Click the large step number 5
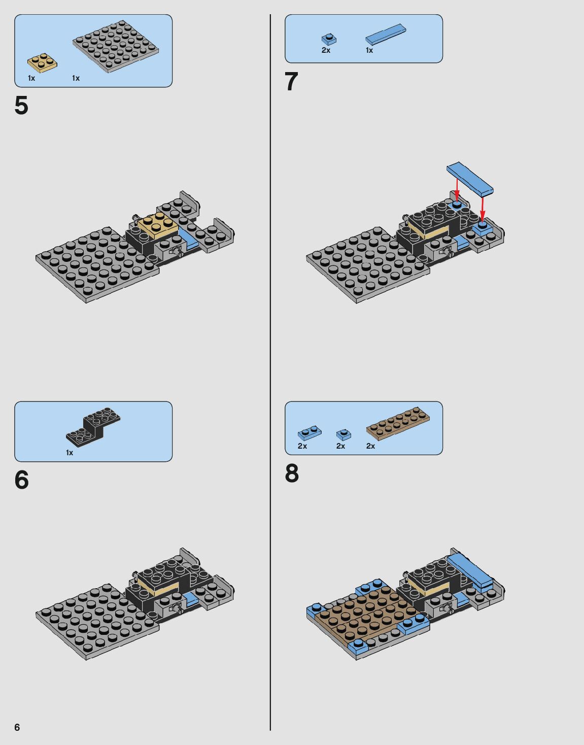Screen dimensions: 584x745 click(x=21, y=105)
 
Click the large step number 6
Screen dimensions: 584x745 click(x=21, y=480)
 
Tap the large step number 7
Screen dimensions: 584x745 click(x=291, y=82)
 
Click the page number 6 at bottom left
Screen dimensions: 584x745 click(x=17, y=727)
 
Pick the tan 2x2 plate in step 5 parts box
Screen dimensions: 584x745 click(x=42, y=63)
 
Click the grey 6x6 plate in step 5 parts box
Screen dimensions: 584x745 click(x=116, y=46)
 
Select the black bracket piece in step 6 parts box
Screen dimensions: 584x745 click(x=93, y=427)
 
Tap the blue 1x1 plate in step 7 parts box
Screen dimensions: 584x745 click(x=329, y=39)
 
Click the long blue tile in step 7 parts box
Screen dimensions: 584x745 click(x=386, y=35)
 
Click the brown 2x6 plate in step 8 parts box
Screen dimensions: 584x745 click(x=398, y=423)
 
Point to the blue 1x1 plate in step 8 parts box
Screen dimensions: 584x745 click(x=343, y=435)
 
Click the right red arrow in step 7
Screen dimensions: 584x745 click(x=482, y=208)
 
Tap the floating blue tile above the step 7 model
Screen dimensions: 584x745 click(x=470, y=179)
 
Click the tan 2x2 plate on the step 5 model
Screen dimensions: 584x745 click(x=158, y=225)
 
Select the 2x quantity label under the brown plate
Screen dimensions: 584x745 click(x=370, y=446)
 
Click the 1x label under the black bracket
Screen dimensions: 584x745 click(x=70, y=453)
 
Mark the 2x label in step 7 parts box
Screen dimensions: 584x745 click(x=326, y=50)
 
